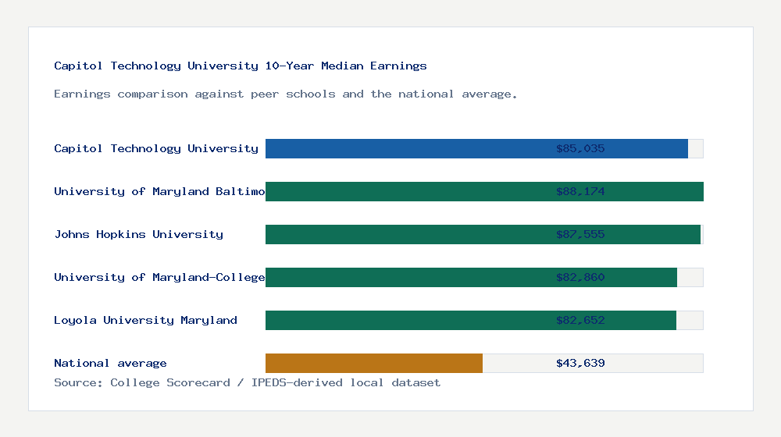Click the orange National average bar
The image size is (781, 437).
(373, 363)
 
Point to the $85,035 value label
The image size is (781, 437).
(580, 148)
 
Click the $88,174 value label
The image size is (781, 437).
(580, 191)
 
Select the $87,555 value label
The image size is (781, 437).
(580, 234)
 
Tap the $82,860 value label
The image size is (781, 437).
(580, 277)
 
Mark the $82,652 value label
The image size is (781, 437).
(580, 320)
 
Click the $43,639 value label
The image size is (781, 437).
(580, 363)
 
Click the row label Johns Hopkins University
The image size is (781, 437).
(138, 234)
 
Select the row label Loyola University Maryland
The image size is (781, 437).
(145, 320)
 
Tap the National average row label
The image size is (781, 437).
(110, 363)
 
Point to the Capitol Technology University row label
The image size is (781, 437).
(156, 148)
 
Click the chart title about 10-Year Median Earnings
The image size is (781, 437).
(241, 66)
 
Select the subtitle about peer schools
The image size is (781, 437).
(286, 94)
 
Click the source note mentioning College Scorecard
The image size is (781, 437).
(247, 382)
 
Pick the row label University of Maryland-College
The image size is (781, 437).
(159, 277)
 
